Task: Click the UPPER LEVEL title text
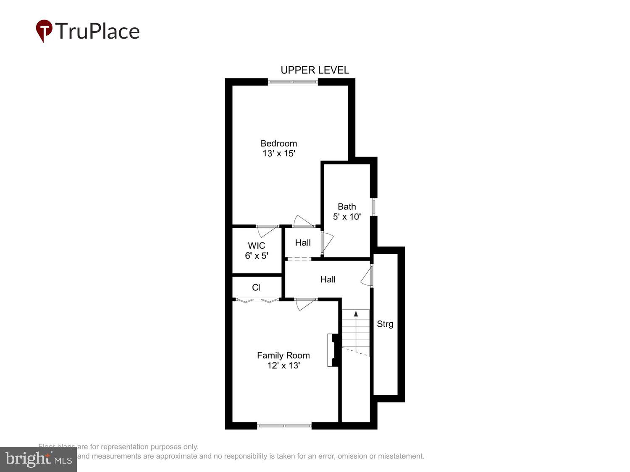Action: pos(315,70)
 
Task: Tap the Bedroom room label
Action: pos(278,143)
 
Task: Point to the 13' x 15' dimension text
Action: pos(279,154)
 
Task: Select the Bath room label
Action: pos(346,206)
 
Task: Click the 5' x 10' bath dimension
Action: pos(346,217)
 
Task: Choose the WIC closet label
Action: pos(256,245)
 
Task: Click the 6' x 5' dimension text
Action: pos(256,256)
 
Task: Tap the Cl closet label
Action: pos(256,287)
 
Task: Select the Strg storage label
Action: pos(385,324)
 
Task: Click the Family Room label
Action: pos(283,355)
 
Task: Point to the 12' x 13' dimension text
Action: pos(283,365)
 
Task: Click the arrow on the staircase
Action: pos(356,314)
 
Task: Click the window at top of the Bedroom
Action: pos(293,82)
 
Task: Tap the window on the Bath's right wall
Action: pos(373,207)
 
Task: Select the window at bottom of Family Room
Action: pos(284,425)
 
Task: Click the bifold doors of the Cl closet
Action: pos(257,300)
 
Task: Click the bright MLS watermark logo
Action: pos(38,459)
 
